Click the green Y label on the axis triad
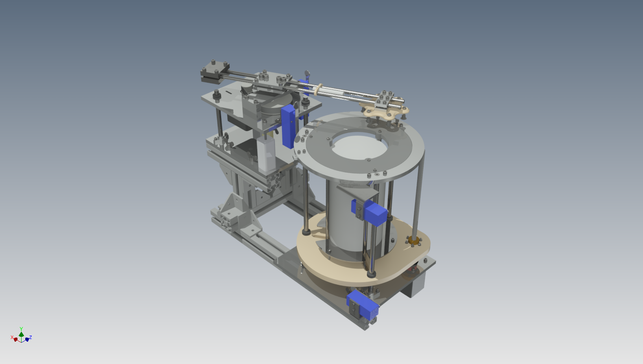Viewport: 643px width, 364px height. click(x=21, y=329)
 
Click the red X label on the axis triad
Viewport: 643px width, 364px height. click(x=12, y=337)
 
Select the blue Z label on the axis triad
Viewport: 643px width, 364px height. click(x=31, y=337)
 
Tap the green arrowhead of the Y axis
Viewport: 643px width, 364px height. click(x=21, y=334)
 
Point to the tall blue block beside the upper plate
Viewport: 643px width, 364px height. click(x=288, y=126)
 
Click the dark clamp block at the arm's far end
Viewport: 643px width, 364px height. click(x=215, y=72)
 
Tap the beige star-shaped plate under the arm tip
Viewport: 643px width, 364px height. click(x=385, y=111)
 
